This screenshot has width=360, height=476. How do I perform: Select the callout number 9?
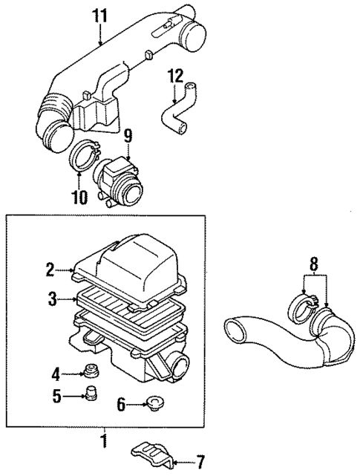coord(128,135)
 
